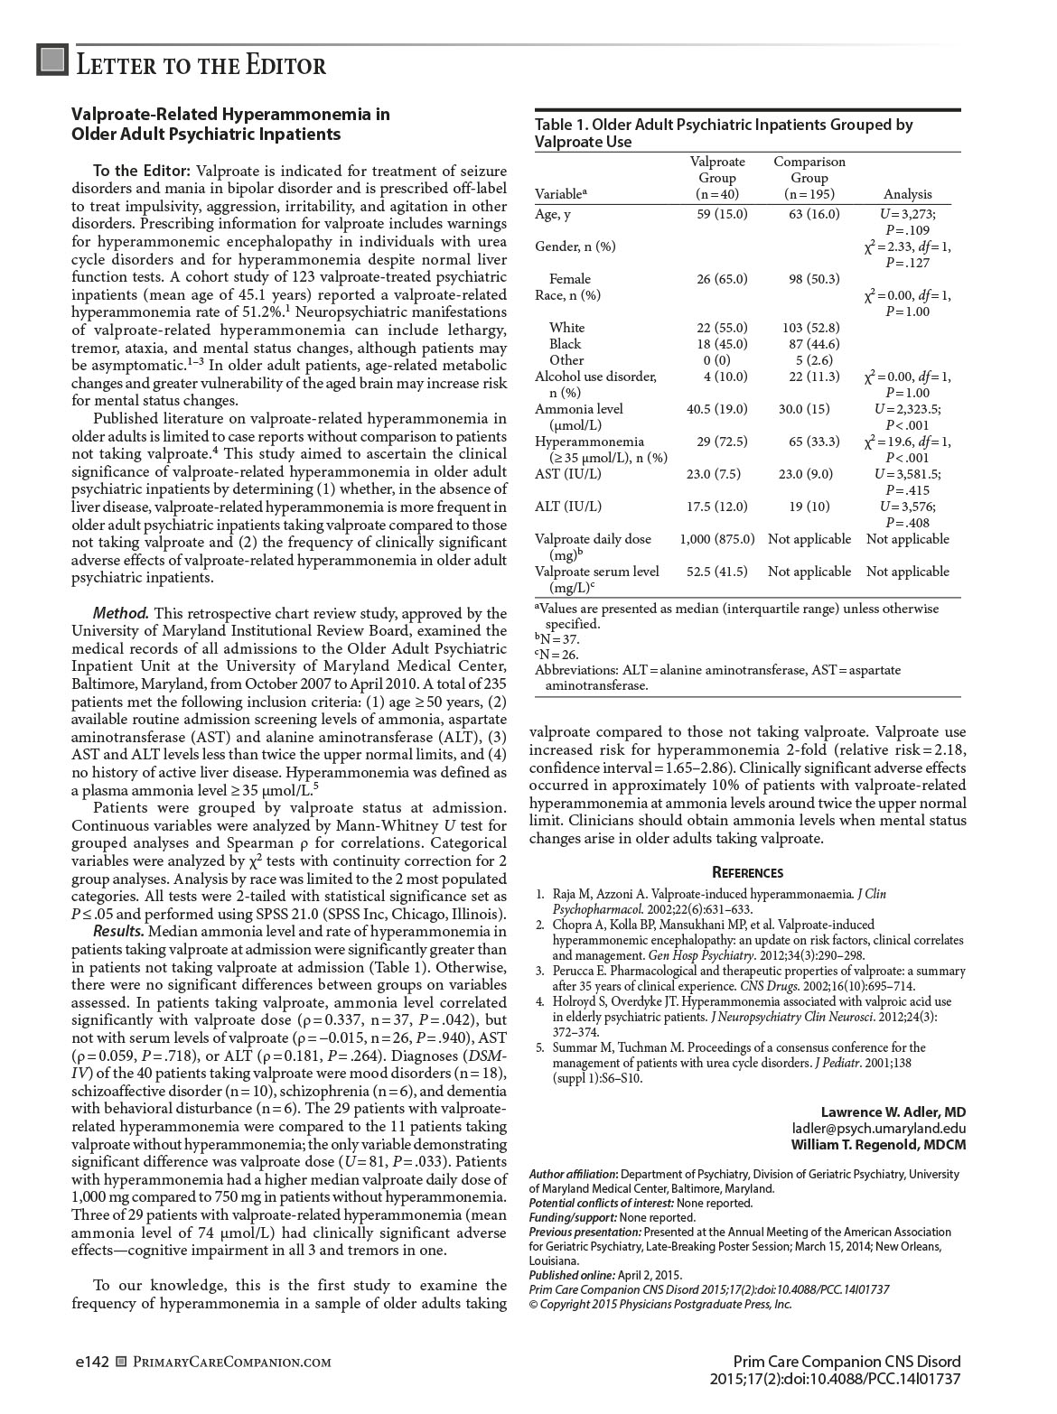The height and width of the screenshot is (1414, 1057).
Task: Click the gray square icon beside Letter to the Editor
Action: click(x=53, y=60)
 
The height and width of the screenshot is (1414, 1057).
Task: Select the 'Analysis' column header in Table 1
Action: click(x=907, y=194)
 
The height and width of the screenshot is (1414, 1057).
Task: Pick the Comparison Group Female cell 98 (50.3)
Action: click(x=814, y=279)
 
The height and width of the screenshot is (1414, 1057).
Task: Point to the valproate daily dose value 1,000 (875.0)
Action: click(x=716, y=539)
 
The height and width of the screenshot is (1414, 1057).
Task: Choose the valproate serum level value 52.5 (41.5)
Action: click(x=716, y=572)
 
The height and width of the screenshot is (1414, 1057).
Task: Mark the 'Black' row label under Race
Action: click(x=566, y=344)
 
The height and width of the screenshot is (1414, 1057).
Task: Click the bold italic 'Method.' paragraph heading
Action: click(x=121, y=613)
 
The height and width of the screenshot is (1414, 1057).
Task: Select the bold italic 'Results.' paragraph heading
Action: click(x=118, y=931)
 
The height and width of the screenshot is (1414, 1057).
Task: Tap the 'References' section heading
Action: click(x=747, y=872)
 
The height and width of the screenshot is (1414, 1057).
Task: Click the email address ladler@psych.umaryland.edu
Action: click(x=879, y=1129)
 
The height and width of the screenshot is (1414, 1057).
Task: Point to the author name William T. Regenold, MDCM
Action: click(x=879, y=1145)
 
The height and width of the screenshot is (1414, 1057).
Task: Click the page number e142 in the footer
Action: click(x=90, y=1362)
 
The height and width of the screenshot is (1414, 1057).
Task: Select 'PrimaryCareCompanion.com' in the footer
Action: click(x=231, y=1362)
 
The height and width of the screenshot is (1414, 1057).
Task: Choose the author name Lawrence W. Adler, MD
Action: click(x=893, y=1112)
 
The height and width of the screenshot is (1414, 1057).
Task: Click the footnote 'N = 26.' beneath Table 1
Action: click(x=557, y=655)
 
